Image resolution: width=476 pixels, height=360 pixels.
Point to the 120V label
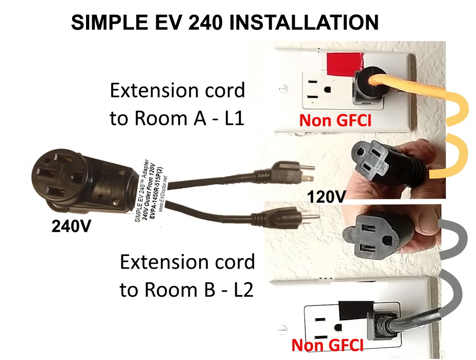click(x=326, y=196)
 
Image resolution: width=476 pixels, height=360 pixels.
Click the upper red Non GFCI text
click(x=335, y=120)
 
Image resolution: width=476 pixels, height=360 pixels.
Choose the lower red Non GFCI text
click(x=327, y=345)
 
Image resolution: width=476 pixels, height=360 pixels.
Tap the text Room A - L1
click(x=177, y=118)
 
